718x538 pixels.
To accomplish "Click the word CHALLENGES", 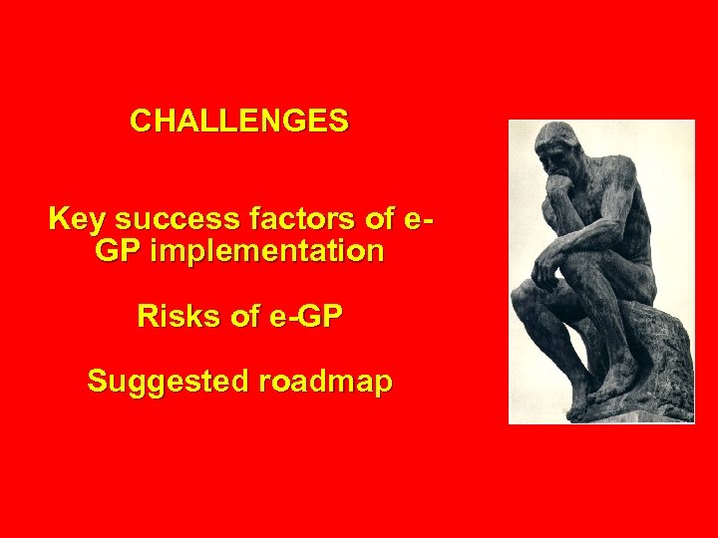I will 239,122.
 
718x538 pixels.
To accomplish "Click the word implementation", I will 266,252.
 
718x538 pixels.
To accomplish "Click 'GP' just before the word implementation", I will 118,252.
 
